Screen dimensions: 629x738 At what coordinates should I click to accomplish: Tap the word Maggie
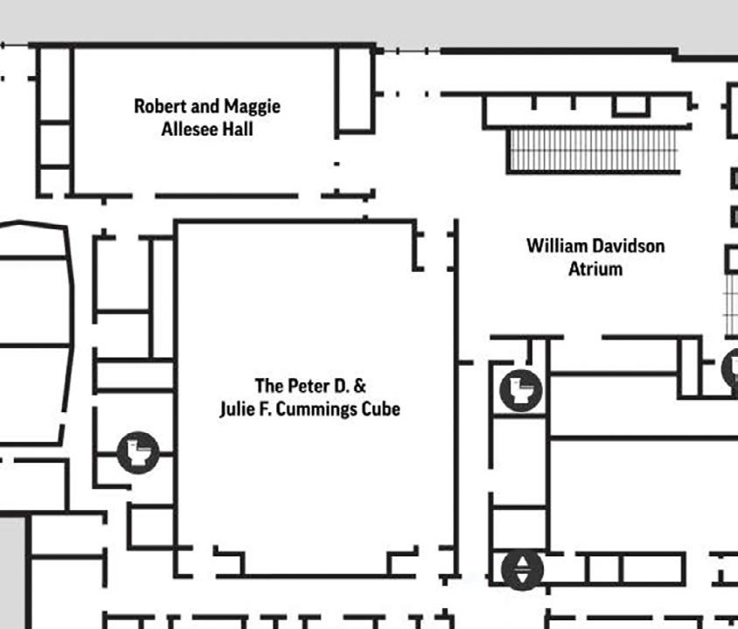[252, 107]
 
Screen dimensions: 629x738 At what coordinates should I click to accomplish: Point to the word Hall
[237, 129]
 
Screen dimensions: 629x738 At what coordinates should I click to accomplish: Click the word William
[558, 246]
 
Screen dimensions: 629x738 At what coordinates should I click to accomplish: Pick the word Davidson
[629, 246]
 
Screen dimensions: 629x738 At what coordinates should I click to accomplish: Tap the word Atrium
[595, 269]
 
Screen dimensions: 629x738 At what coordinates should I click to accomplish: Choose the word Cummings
[318, 409]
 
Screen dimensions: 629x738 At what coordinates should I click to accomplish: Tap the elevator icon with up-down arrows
[522, 570]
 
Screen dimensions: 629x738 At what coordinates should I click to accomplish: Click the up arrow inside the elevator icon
[522, 563]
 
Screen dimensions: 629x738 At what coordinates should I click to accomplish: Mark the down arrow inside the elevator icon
[522, 577]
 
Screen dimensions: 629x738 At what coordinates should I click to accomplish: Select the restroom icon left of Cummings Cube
[137, 452]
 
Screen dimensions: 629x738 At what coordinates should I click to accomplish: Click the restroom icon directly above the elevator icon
[521, 389]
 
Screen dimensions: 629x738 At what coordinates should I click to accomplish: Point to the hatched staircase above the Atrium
[593, 150]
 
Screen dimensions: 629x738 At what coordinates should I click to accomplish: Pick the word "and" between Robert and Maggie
[204, 106]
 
